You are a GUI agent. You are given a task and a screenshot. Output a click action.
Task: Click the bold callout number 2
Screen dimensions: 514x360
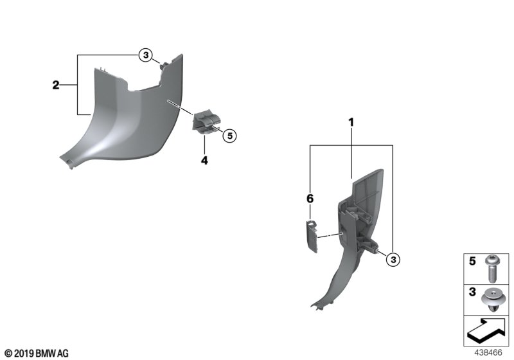pyautogui.click(x=56, y=85)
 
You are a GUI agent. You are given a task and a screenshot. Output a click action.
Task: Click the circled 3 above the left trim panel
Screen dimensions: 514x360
pyautogui.click(x=146, y=55)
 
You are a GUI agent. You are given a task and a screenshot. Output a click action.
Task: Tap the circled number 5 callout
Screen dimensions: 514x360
pyautogui.click(x=229, y=136)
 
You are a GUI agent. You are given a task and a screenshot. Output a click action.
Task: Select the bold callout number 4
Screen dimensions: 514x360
pyautogui.click(x=204, y=161)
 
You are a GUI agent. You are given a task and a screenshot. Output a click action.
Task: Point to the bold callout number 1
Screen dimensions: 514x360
pyautogui.click(x=351, y=123)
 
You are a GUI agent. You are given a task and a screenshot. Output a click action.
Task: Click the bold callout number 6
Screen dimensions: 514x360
pyautogui.click(x=310, y=199)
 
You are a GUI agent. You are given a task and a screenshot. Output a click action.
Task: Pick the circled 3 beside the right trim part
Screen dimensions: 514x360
pyautogui.click(x=393, y=260)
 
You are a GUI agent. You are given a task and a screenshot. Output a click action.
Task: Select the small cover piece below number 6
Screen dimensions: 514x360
pyautogui.click(x=312, y=236)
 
